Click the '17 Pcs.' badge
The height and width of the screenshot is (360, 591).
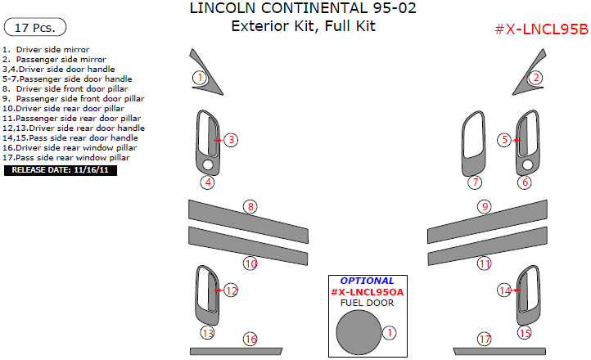click(35, 28)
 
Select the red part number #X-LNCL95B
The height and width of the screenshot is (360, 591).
click(541, 30)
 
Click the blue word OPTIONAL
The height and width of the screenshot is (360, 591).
click(367, 281)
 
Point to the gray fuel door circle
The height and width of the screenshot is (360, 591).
click(358, 332)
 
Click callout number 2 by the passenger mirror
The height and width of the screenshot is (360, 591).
click(535, 78)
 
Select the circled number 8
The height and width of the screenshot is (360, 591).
click(250, 206)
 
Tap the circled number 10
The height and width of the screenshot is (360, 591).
click(250, 263)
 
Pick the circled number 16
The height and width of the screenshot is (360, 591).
click(250, 339)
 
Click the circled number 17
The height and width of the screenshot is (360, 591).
click(485, 339)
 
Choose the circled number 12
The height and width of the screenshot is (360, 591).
click(231, 290)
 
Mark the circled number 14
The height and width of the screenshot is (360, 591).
click(505, 290)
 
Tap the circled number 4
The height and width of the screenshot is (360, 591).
click(209, 182)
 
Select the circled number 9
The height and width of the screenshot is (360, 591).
click(485, 206)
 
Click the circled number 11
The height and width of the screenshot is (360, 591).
click(485, 263)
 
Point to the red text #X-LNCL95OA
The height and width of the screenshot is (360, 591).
click(367, 292)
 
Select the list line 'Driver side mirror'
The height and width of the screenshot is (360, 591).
click(52, 50)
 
